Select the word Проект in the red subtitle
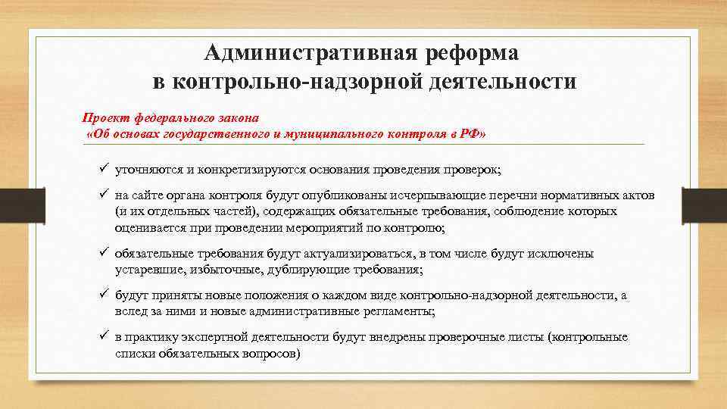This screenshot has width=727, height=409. coord(106,118)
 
